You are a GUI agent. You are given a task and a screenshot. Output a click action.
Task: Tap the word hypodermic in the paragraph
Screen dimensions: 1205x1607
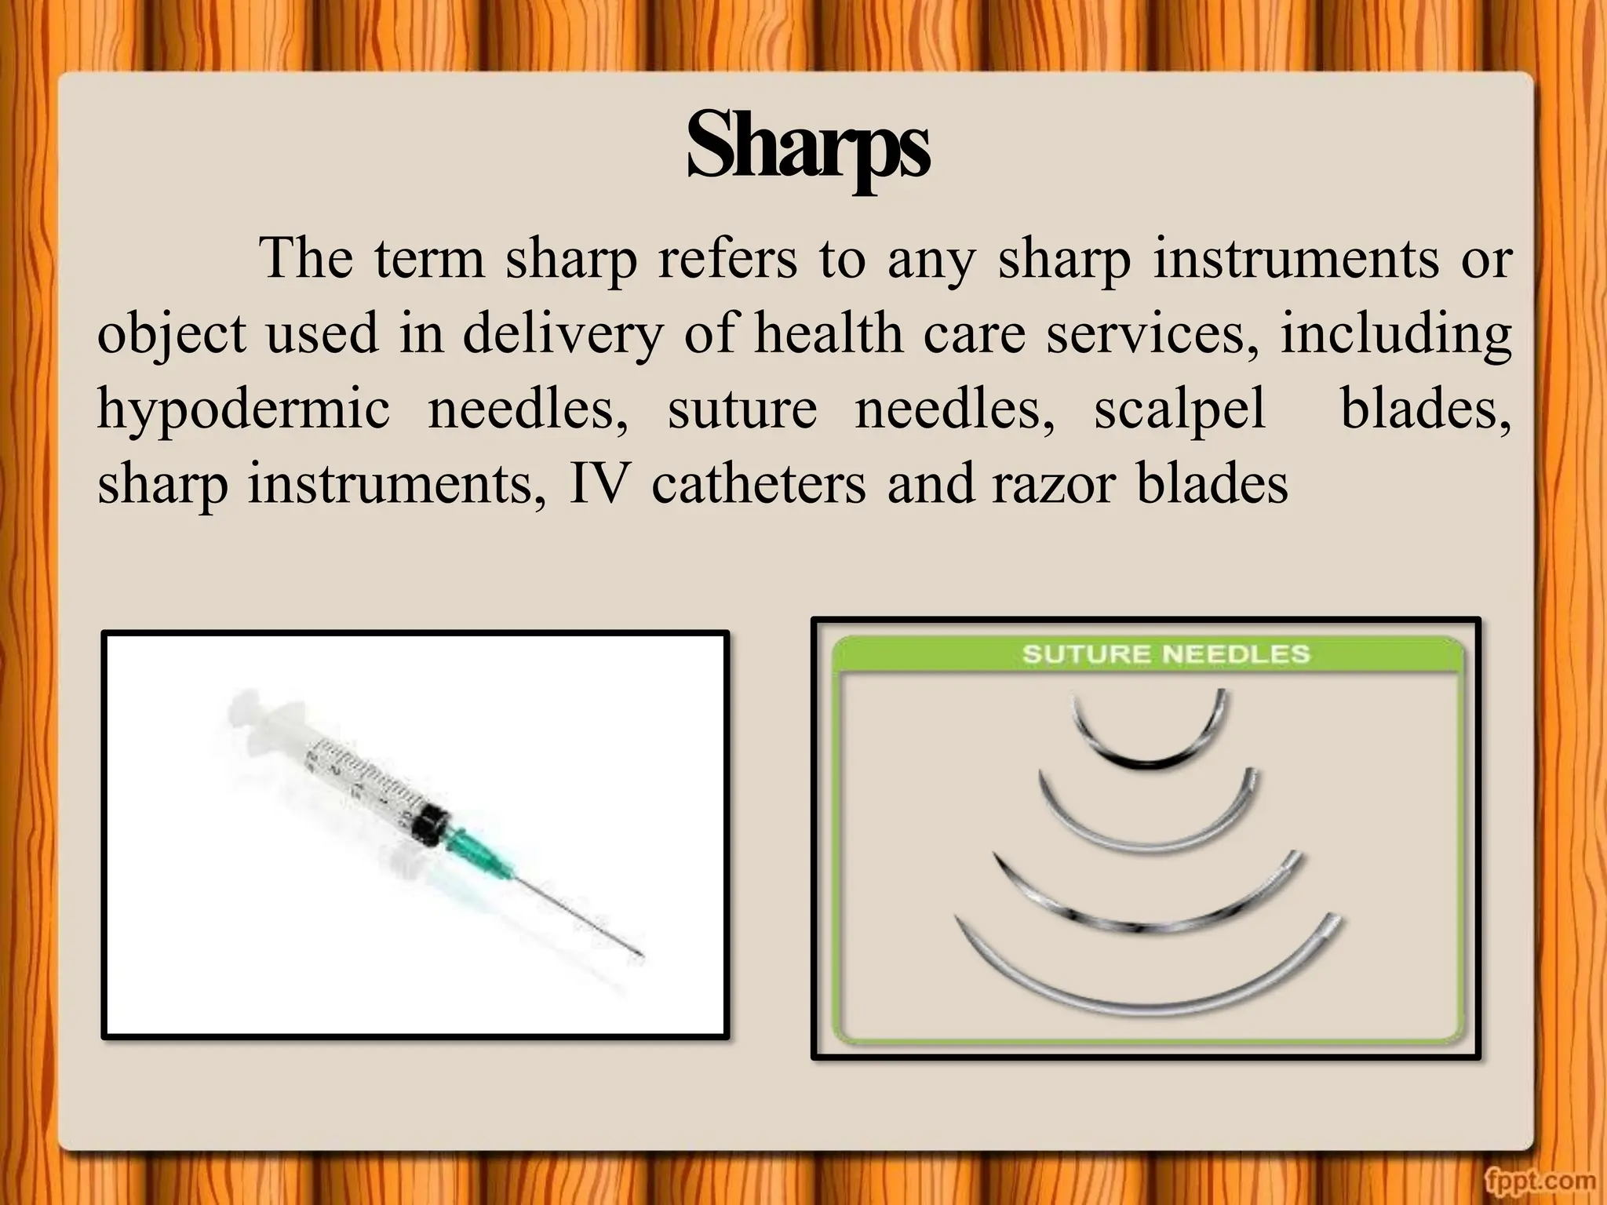coord(242,410)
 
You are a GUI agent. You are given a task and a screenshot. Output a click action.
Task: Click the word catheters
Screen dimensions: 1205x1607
coord(758,483)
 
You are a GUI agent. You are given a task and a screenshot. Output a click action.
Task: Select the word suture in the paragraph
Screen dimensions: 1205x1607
coord(742,410)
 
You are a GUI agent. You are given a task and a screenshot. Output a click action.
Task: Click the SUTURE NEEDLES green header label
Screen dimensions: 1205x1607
coord(1165,654)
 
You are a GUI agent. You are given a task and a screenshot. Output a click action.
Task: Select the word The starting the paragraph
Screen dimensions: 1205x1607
coord(306,259)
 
